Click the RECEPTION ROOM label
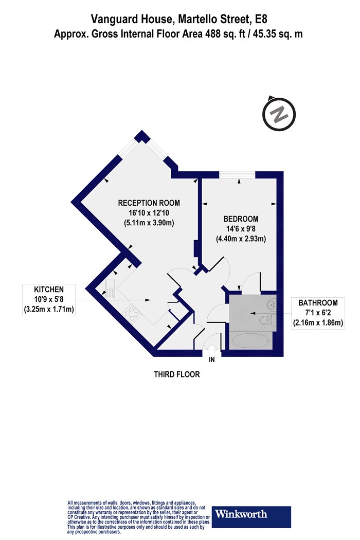[x=149, y=203]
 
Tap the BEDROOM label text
[x=241, y=219]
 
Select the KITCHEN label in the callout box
[x=49, y=290]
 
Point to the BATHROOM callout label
[x=318, y=303]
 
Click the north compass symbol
[x=279, y=113]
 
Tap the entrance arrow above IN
[x=211, y=350]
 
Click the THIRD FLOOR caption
[x=177, y=374]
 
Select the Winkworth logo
[x=251, y=517]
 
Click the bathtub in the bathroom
[x=250, y=341]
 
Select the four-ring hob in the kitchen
[x=132, y=314]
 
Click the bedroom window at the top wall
[x=238, y=175]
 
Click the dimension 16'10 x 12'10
[x=149, y=213]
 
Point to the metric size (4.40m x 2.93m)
[x=241, y=239]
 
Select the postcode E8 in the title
[x=261, y=19]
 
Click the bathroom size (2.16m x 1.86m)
[x=318, y=323]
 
